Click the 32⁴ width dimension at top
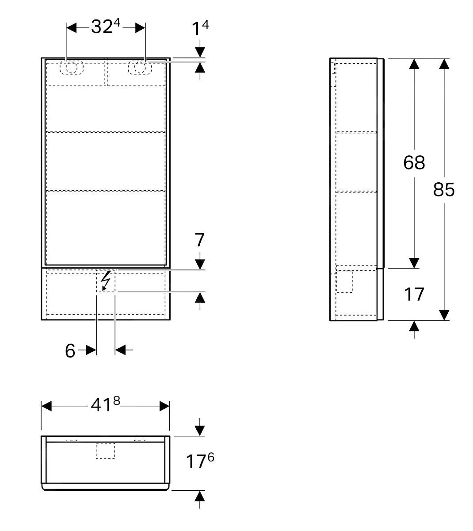[x=105, y=27]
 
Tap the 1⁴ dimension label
[x=199, y=29]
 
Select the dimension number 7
[x=200, y=240]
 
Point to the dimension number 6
[x=70, y=350]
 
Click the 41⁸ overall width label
[x=105, y=404]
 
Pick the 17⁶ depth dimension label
[x=199, y=461]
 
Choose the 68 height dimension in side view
[x=414, y=162]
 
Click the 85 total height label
[x=443, y=189]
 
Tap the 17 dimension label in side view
[x=414, y=294]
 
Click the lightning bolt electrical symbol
[x=106, y=281]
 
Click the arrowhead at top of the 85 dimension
[x=444, y=64]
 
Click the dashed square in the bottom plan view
[x=105, y=451]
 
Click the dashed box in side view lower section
[x=344, y=281]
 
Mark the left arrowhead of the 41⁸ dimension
[x=46, y=406]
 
